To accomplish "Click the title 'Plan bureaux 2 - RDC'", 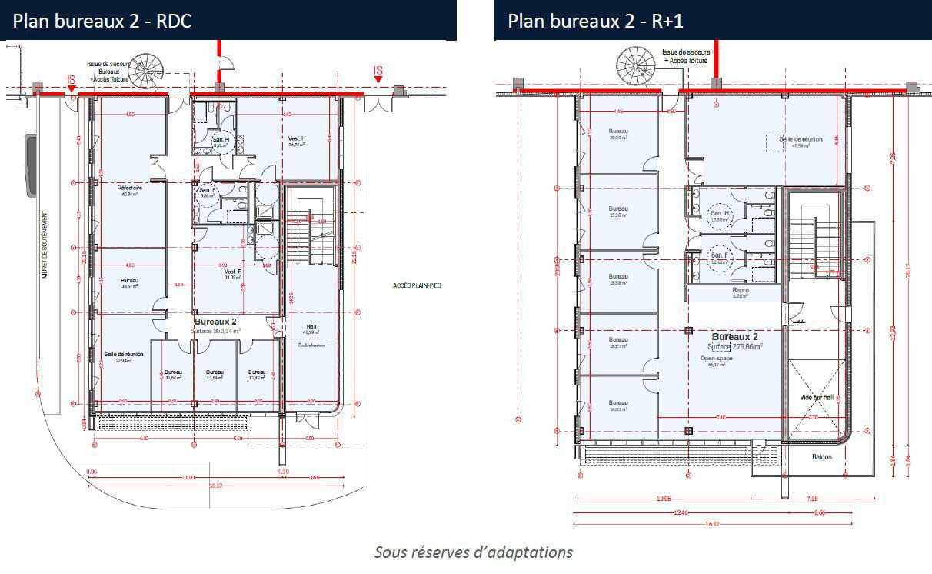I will click(102, 21).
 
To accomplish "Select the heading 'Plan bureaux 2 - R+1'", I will click(596, 21).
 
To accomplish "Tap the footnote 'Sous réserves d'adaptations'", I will click(473, 552).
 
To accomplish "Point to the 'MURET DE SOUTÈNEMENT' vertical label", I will click(45, 255).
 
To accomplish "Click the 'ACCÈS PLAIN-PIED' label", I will click(416, 287).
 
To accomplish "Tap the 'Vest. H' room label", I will click(297, 138).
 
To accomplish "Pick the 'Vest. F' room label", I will click(234, 272).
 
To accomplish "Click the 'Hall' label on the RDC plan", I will click(311, 326).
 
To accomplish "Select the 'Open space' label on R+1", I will click(715, 359).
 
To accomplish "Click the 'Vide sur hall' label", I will click(817, 397).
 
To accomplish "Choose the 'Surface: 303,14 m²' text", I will click(216, 330).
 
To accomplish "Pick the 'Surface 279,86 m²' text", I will click(737, 347).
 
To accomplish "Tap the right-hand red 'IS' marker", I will click(378, 72).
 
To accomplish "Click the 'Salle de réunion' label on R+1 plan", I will click(801, 139).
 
